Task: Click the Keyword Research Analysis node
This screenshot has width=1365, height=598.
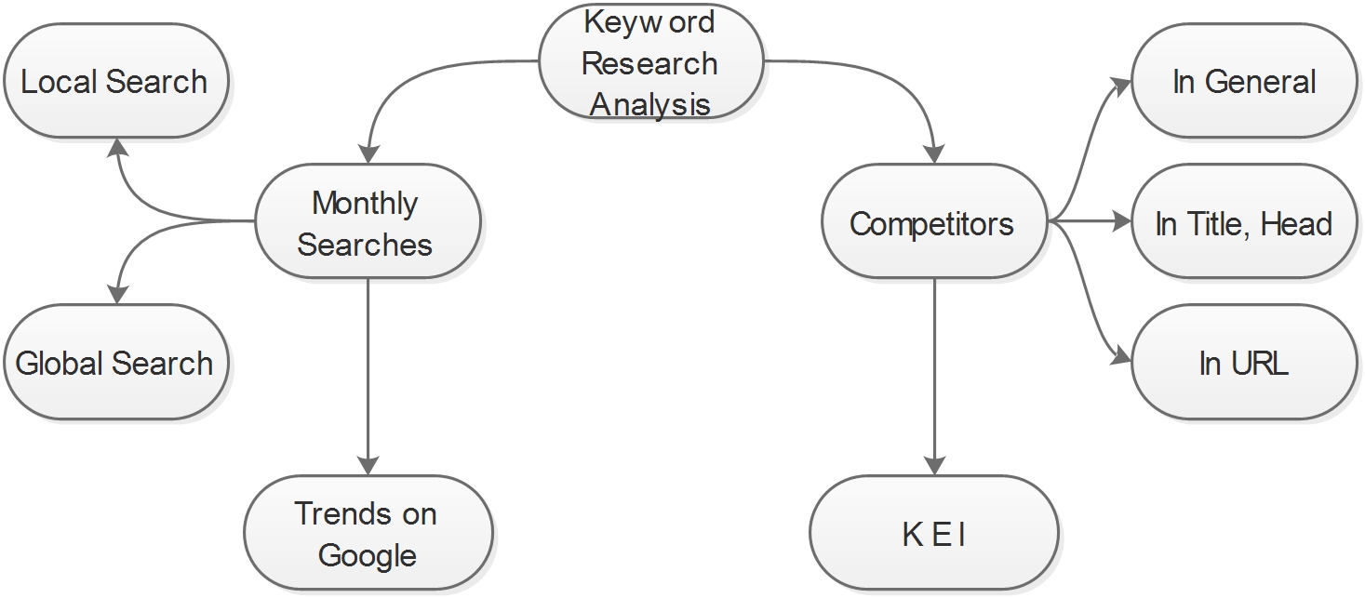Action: tap(650, 62)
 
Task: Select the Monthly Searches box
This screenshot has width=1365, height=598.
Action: tap(367, 223)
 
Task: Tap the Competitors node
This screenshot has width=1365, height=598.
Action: tap(933, 223)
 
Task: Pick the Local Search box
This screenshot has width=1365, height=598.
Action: tap(114, 82)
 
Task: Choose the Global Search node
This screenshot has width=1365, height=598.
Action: tap(114, 363)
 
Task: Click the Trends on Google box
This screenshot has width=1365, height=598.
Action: tap(367, 535)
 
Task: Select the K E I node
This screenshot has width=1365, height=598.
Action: tap(933, 535)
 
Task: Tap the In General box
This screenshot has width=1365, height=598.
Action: tap(1244, 82)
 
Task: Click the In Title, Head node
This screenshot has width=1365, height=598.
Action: tap(1244, 223)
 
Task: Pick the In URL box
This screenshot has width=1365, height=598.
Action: tap(1244, 363)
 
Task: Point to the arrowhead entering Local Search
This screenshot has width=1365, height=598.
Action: tap(116, 148)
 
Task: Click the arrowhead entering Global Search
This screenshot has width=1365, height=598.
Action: tap(116, 294)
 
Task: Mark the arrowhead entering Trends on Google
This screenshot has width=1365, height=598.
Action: tap(368, 464)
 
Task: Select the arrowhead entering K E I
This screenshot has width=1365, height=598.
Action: tap(935, 464)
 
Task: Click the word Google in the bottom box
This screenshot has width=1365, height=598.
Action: tap(367, 555)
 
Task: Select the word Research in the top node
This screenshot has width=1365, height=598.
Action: tap(650, 63)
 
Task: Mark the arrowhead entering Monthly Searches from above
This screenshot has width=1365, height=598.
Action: tap(368, 153)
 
